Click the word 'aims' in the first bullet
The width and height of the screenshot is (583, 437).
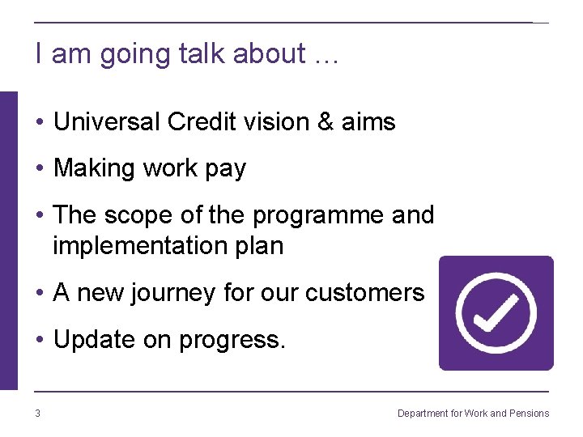(x=368, y=122)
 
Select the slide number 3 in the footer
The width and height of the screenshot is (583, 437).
(x=37, y=414)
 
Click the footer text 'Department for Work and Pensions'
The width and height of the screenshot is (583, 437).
(x=473, y=414)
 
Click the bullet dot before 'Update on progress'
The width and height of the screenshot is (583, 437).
(x=39, y=340)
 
